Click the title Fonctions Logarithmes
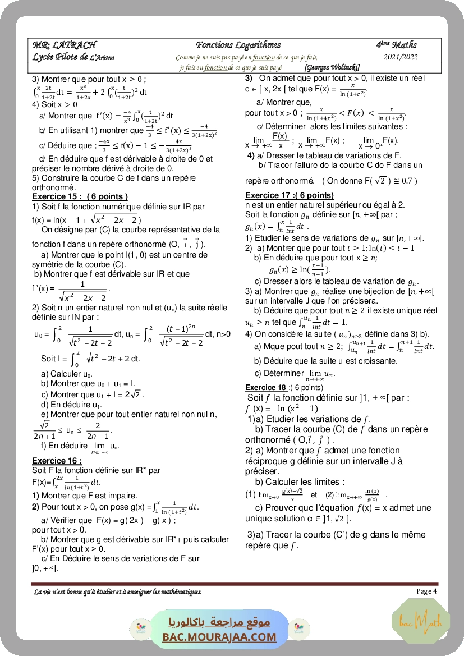tap(238, 45)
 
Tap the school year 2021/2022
tap(401, 57)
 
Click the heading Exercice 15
tap(80, 196)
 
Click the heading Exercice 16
tap(57, 461)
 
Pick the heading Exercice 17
tap(290, 195)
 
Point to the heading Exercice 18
tap(266, 387)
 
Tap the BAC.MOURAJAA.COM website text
tap(220, 637)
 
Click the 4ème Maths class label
tap(397, 44)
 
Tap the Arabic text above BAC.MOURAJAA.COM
tap(220, 622)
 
